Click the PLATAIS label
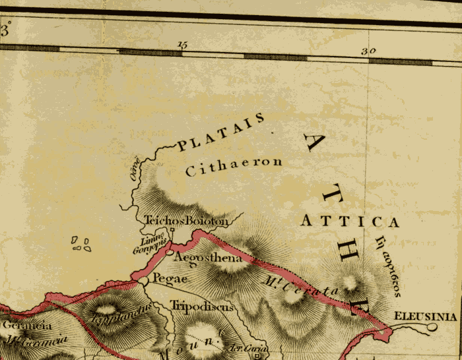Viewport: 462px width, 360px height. (222, 131)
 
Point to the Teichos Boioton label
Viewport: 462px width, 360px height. (186, 222)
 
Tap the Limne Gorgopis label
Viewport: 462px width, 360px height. (153, 241)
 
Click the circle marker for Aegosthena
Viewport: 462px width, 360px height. (170, 253)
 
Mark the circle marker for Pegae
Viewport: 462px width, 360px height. (143, 282)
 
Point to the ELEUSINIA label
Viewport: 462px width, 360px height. (424, 317)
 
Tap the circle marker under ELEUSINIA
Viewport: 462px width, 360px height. (432, 326)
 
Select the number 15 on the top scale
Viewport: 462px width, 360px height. (183, 44)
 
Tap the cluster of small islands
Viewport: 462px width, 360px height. (81, 244)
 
